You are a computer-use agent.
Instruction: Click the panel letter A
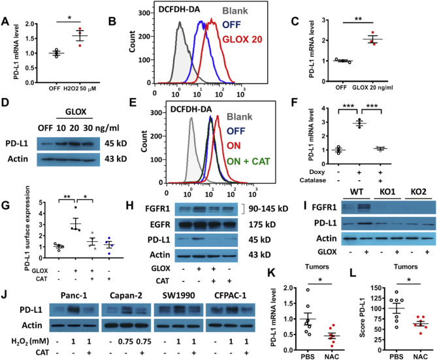point(5,22)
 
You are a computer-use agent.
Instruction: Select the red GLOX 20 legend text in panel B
point(242,39)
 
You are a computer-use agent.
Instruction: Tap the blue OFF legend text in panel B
point(231,25)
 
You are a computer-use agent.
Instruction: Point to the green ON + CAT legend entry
point(248,161)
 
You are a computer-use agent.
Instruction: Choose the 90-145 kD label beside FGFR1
point(268,208)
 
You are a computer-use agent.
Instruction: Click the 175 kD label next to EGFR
point(262,225)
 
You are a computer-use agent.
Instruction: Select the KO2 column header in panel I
point(418,192)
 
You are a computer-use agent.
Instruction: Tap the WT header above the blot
point(357,192)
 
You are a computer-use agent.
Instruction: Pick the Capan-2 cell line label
point(126,295)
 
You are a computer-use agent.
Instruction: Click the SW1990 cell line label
point(178,295)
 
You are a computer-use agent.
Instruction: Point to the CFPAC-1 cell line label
point(230,295)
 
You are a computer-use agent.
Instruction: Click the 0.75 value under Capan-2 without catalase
point(125,341)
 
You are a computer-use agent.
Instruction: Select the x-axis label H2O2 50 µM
point(80,89)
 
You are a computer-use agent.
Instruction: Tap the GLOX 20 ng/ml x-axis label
point(372,88)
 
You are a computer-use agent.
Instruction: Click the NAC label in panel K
point(332,357)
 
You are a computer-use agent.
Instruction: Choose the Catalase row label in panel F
point(313,180)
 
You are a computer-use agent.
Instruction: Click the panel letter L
point(353,273)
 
